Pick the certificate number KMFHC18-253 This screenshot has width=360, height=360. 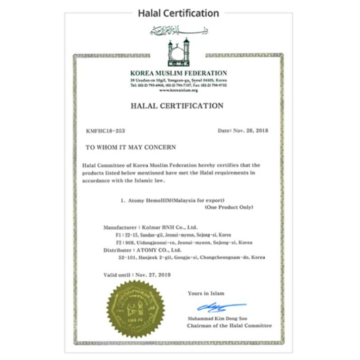tap(106, 131)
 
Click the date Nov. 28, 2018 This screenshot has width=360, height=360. tap(250, 131)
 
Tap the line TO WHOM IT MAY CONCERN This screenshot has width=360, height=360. tap(131, 147)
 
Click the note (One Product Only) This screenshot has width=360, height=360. tap(228, 208)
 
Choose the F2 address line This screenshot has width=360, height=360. tap(184, 243)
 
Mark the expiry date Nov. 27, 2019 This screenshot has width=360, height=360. tap(154, 275)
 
